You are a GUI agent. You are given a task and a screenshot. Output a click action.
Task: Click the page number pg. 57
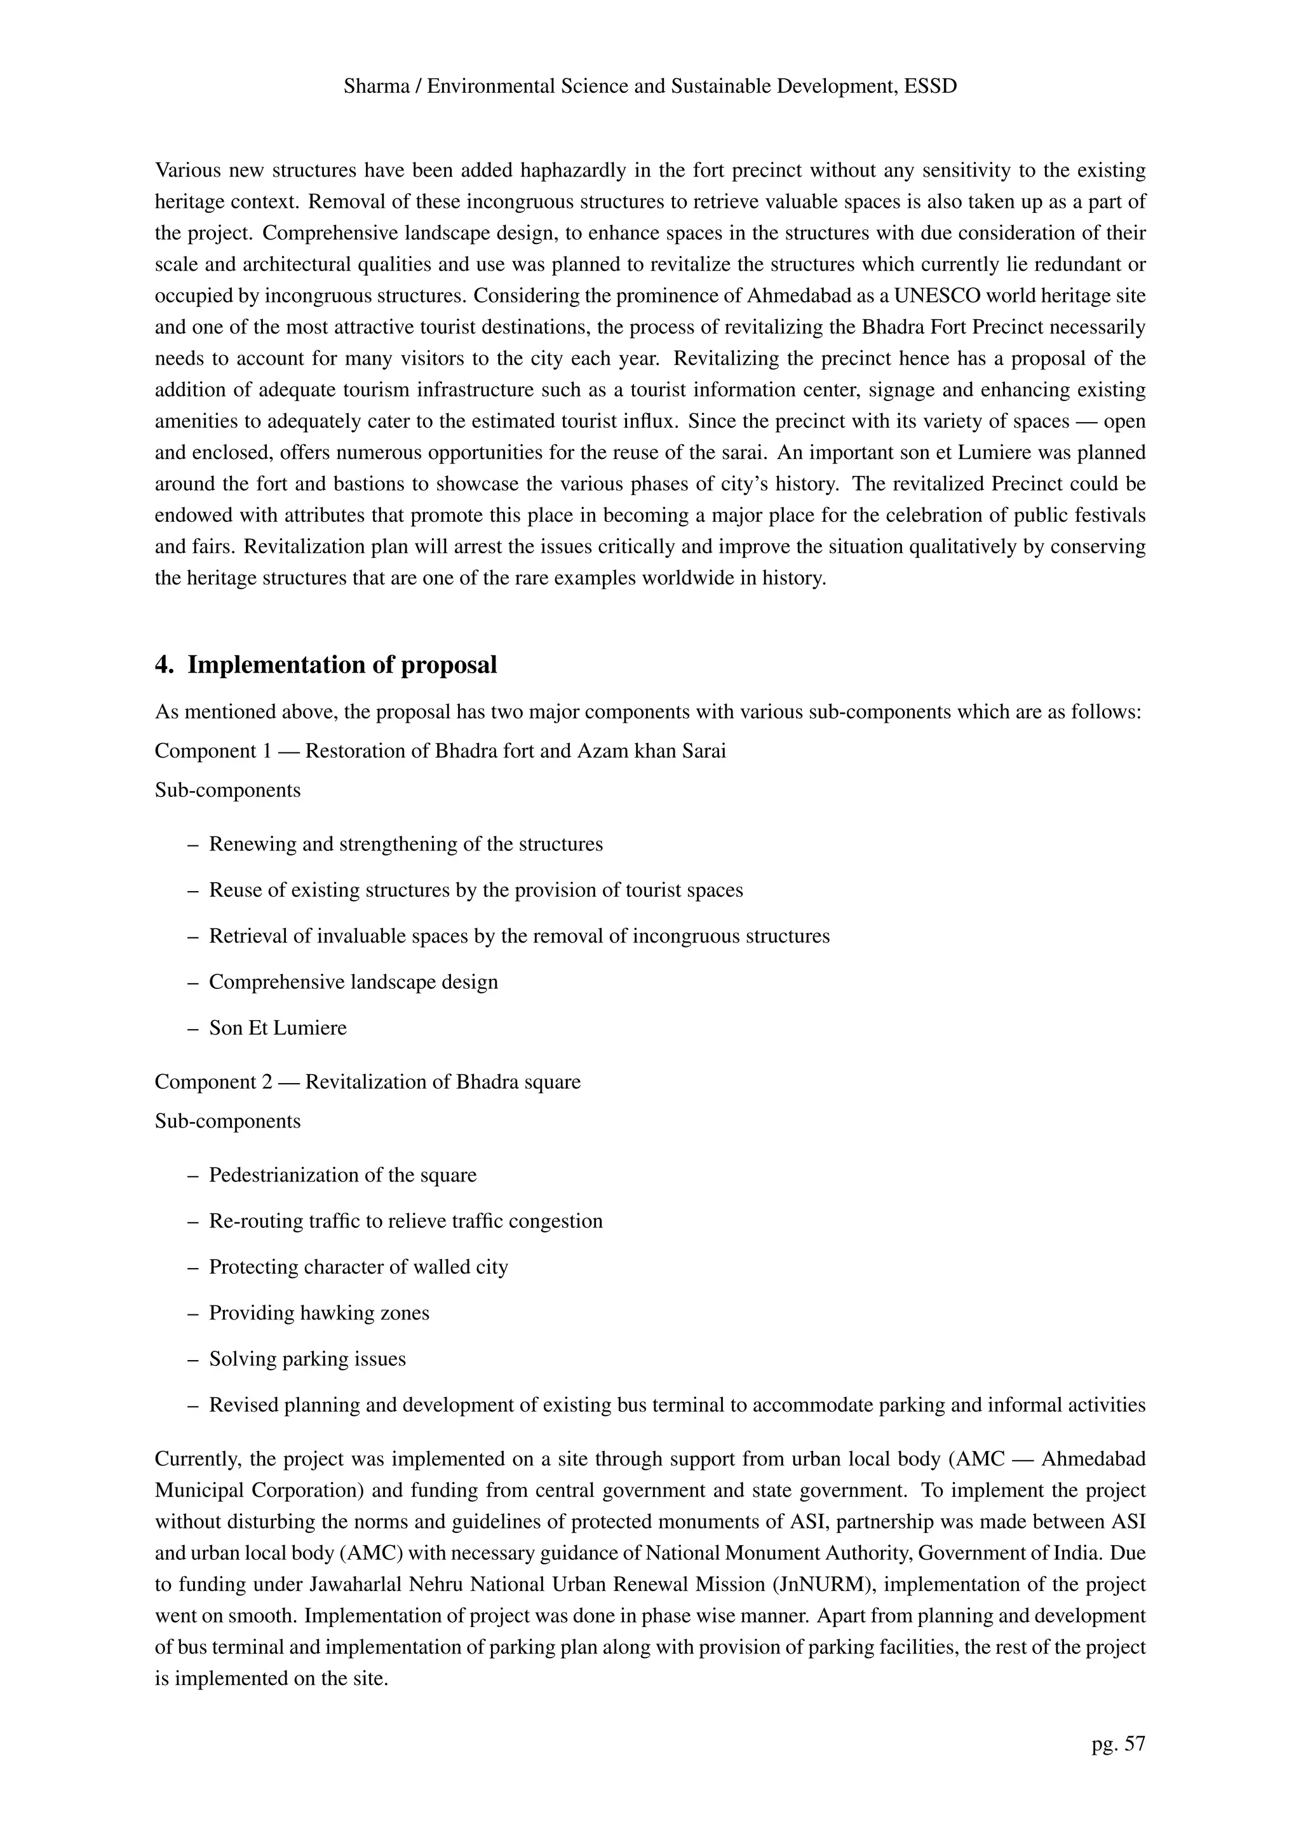(1117, 1744)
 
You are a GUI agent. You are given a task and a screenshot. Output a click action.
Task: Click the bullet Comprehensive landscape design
(353, 983)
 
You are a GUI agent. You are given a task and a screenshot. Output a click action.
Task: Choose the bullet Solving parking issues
(307, 1359)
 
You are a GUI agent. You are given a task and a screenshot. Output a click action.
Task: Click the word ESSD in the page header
(930, 86)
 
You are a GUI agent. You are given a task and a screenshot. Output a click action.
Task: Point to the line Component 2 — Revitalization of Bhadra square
(367, 1082)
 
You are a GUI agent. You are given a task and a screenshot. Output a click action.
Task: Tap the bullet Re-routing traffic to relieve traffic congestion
(405, 1222)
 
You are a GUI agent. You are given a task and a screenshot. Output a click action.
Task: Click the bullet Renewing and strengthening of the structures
(405, 845)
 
